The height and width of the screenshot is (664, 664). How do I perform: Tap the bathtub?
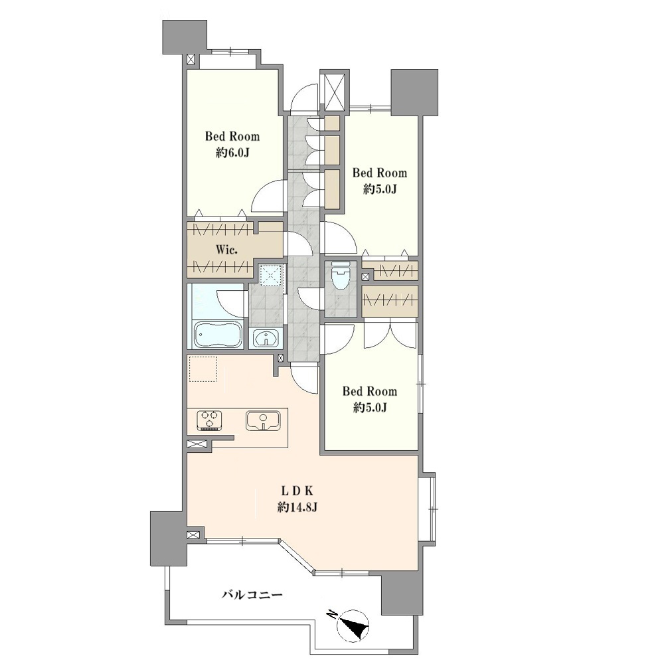click(x=218, y=335)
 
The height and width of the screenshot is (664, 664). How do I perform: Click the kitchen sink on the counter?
click(x=263, y=420)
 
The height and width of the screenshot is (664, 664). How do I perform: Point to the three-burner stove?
click(x=209, y=420)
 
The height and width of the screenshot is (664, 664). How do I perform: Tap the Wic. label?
click(x=226, y=250)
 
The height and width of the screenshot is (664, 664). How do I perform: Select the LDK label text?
click(x=297, y=491)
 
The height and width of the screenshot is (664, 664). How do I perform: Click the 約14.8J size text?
click(x=297, y=507)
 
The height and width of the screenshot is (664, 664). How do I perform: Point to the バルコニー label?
click(x=252, y=596)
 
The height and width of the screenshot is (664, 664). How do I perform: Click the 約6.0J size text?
click(x=232, y=153)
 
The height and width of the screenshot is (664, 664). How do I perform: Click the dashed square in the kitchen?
click(x=203, y=369)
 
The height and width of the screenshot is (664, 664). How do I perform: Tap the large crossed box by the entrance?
click(x=335, y=92)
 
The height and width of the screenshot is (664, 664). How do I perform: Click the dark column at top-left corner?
click(x=185, y=37)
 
